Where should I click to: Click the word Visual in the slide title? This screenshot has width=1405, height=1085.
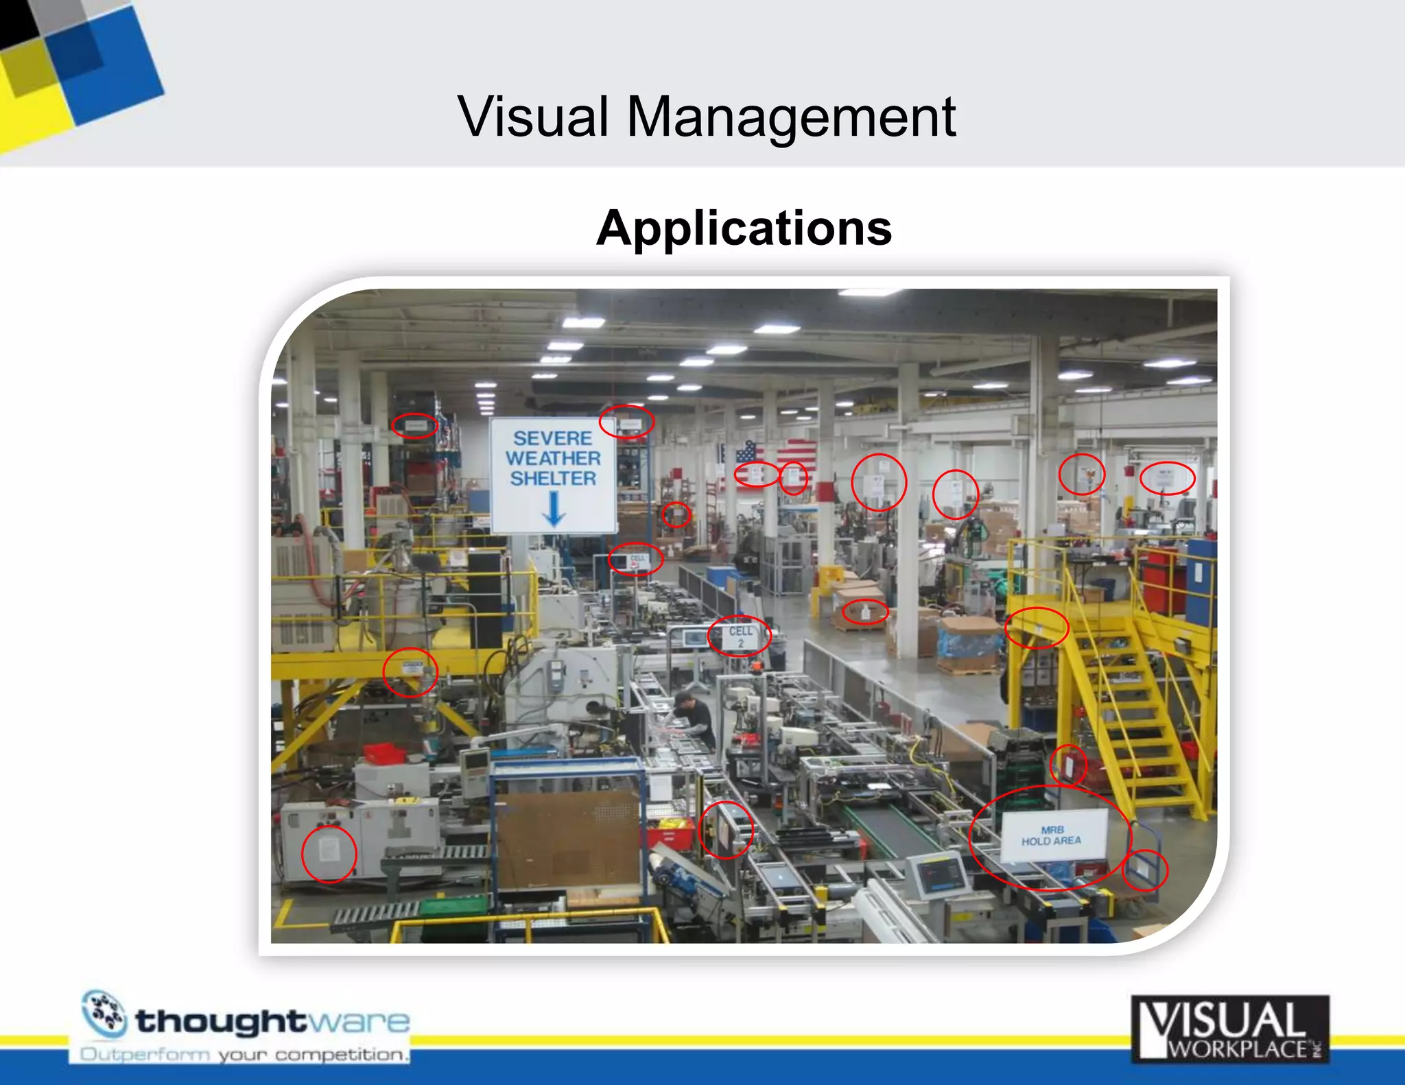tap(534, 117)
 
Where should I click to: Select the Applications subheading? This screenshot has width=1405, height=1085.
tap(744, 228)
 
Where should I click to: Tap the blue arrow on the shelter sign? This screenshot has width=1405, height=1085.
tap(554, 510)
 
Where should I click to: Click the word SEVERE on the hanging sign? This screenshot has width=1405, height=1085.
tap(552, 438)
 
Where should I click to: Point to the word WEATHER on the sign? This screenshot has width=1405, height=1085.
tap(553, 458)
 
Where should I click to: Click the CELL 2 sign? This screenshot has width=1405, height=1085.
tap(740, 636)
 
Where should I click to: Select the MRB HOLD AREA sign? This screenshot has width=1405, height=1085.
tap(1052, 835)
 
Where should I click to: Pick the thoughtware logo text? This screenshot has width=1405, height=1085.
tap(272, 1021)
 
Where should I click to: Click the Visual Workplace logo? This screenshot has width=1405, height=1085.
tap(1229, 1029)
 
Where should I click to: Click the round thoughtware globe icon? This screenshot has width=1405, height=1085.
tap(104, 1013)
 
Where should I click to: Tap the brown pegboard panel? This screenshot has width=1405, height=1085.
tap(569, 839)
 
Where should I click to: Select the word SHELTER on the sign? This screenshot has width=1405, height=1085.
tap(553, 478)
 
